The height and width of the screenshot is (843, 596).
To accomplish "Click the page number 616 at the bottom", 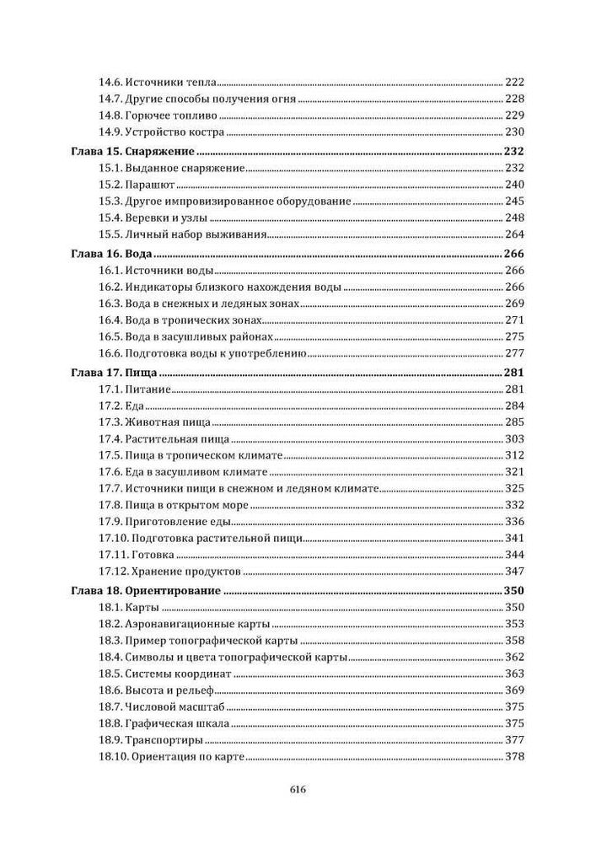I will pyautogui.click(x=297, y=790).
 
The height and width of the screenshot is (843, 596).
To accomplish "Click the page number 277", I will pyautogui.click(x=514, y=353).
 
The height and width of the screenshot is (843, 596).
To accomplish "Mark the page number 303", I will pyautogui.click(x=514, y=438).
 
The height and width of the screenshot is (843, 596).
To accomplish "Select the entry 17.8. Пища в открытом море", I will pyautogui.click(x=174, y=505).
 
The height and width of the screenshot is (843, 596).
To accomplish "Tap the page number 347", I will pyautogui.click(x=514, y=572).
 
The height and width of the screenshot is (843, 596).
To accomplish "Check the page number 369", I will pyautogui.click(x=514, y=690).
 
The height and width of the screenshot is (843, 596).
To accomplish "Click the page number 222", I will pyautogui.click(x=514, y=83).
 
